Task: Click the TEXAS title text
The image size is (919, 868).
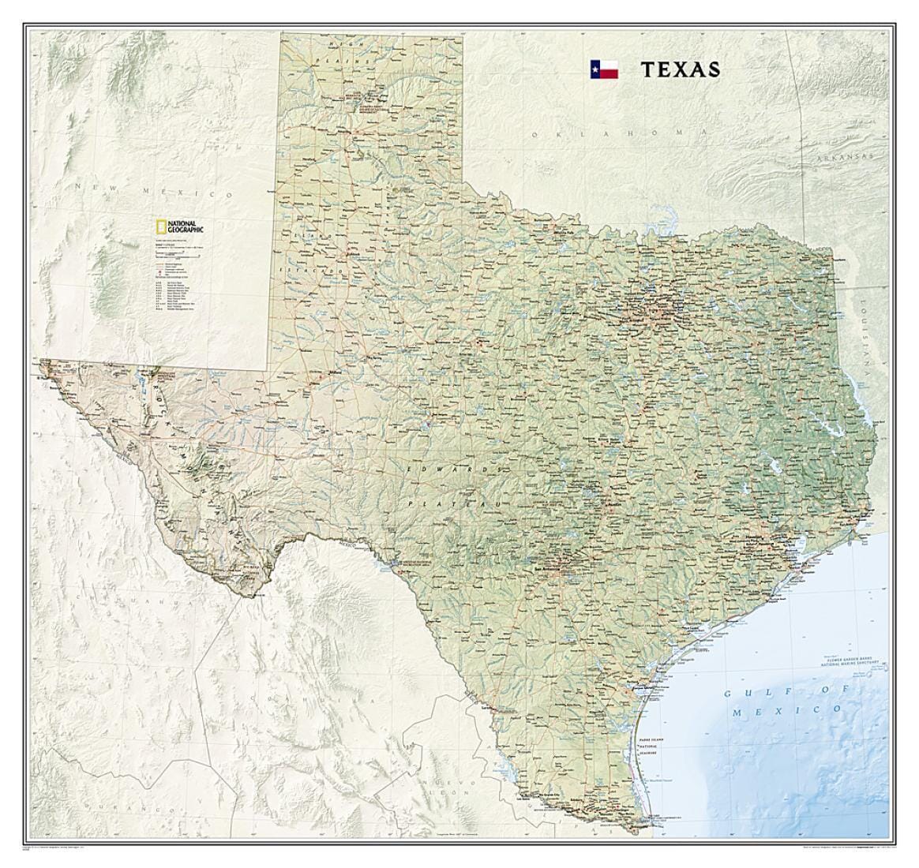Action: click(x=680, y=69)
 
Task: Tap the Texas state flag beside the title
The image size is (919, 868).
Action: click(x=603, y=69)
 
